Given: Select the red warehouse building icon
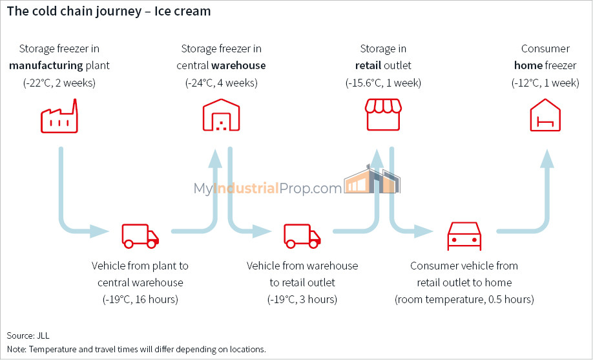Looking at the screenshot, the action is (221, 115).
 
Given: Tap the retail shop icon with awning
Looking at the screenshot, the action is (383, 115).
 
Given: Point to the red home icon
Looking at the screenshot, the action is (545, 115).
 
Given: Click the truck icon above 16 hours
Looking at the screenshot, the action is (140, 236).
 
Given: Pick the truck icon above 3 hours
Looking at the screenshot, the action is (302, 236).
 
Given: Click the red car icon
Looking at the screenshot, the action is (464, 236).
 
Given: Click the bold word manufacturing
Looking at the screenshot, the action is (46, 65).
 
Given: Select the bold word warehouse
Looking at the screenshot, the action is (238, 65).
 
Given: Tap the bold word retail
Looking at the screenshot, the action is (368, 65).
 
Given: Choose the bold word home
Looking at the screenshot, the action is (528, 65).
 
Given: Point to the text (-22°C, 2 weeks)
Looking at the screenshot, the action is (59, 83).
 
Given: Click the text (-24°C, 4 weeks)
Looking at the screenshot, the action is (221, 83).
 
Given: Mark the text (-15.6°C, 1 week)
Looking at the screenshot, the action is (383, 83).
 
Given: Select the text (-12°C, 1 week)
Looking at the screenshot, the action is (545, 83).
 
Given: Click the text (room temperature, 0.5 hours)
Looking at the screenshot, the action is (464, 299).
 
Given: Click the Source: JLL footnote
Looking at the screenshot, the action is (28, 335).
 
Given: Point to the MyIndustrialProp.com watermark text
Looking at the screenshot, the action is (268, 188).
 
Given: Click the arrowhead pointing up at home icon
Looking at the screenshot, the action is (547, 158).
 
